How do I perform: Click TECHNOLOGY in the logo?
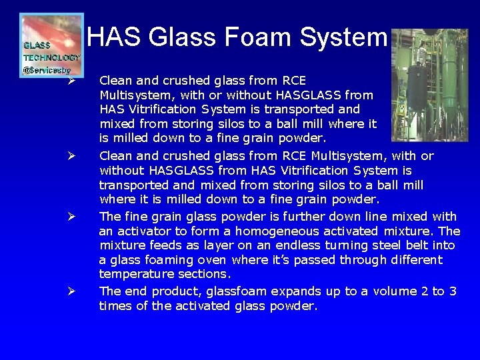pos(52,57)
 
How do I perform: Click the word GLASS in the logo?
pos(37,45)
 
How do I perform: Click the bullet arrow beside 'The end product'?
pos(71,291)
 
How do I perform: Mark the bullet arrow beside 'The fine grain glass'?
pos(71,217)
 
